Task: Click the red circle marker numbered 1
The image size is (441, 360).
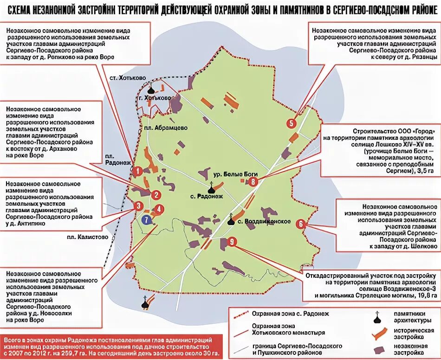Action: (137, 171)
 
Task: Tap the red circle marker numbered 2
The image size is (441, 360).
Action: (157, 195)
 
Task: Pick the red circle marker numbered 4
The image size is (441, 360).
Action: (159, 209)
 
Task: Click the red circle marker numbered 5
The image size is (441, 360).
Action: (291, 123)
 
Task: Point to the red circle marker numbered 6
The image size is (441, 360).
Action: (301, 223)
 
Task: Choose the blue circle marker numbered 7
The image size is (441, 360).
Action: (147, 220)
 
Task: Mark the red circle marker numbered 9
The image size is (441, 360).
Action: (233, 241)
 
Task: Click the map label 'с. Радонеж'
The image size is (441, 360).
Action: (207, 196)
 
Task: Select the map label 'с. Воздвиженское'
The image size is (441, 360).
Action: (263, 221)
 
